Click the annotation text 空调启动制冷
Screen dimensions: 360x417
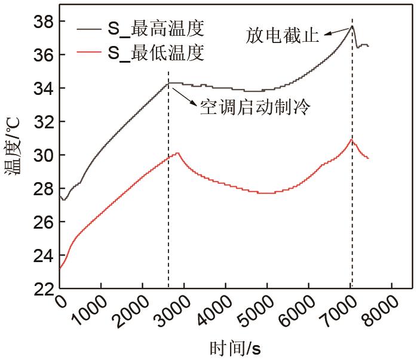256,107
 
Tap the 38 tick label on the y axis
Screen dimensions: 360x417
43,21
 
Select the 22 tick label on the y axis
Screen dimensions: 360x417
43,289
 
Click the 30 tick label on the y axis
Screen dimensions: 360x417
43,155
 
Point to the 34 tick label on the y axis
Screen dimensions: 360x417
43,88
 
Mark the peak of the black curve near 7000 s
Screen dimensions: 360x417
352,26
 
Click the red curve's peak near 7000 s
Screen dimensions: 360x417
352,140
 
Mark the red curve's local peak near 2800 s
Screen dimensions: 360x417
177,153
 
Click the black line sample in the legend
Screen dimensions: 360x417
89,27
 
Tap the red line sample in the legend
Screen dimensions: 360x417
89,53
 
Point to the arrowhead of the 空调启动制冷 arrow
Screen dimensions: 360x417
170,85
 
